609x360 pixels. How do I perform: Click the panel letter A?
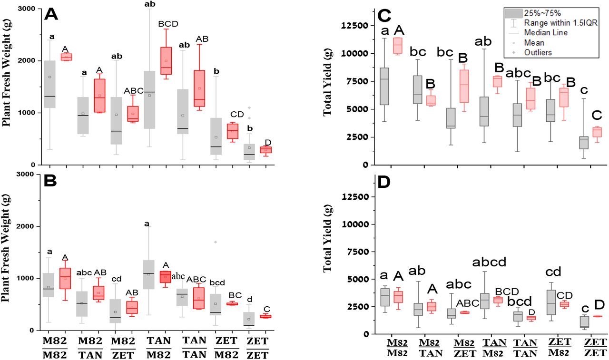click(51, 15)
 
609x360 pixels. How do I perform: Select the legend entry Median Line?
click(544, 33)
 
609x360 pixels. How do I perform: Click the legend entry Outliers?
click(538, 53)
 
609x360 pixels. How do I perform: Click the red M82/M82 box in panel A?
click(65, 57)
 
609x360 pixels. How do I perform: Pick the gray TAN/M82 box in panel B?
click(149, 274)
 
